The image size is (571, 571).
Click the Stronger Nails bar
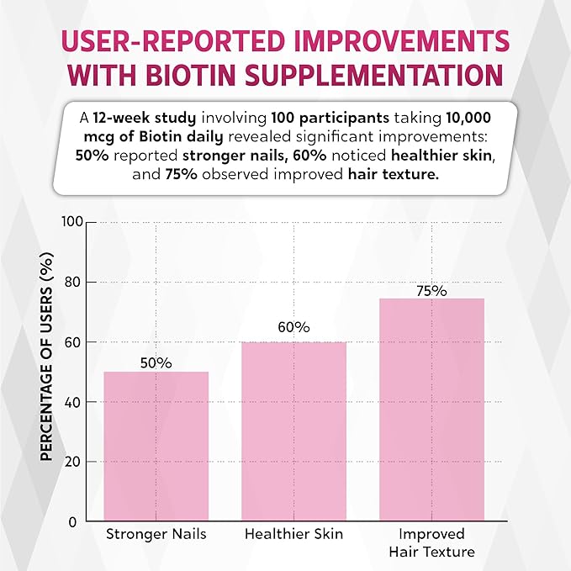click(x=156, y=446)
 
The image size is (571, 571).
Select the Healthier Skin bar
click(x=294, y=431)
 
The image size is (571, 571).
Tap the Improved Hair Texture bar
click(x=431, y=410)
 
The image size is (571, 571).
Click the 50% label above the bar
click(x=156, y=363)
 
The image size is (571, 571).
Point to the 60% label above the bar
click(x=294, y=327)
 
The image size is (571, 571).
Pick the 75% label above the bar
click(x=431, y=290)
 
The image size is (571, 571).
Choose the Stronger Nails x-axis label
click(x=156, y=535)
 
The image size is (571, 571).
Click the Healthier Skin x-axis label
click(x=294, y=535)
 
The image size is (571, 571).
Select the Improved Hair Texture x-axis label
click(x=431, y=543)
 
